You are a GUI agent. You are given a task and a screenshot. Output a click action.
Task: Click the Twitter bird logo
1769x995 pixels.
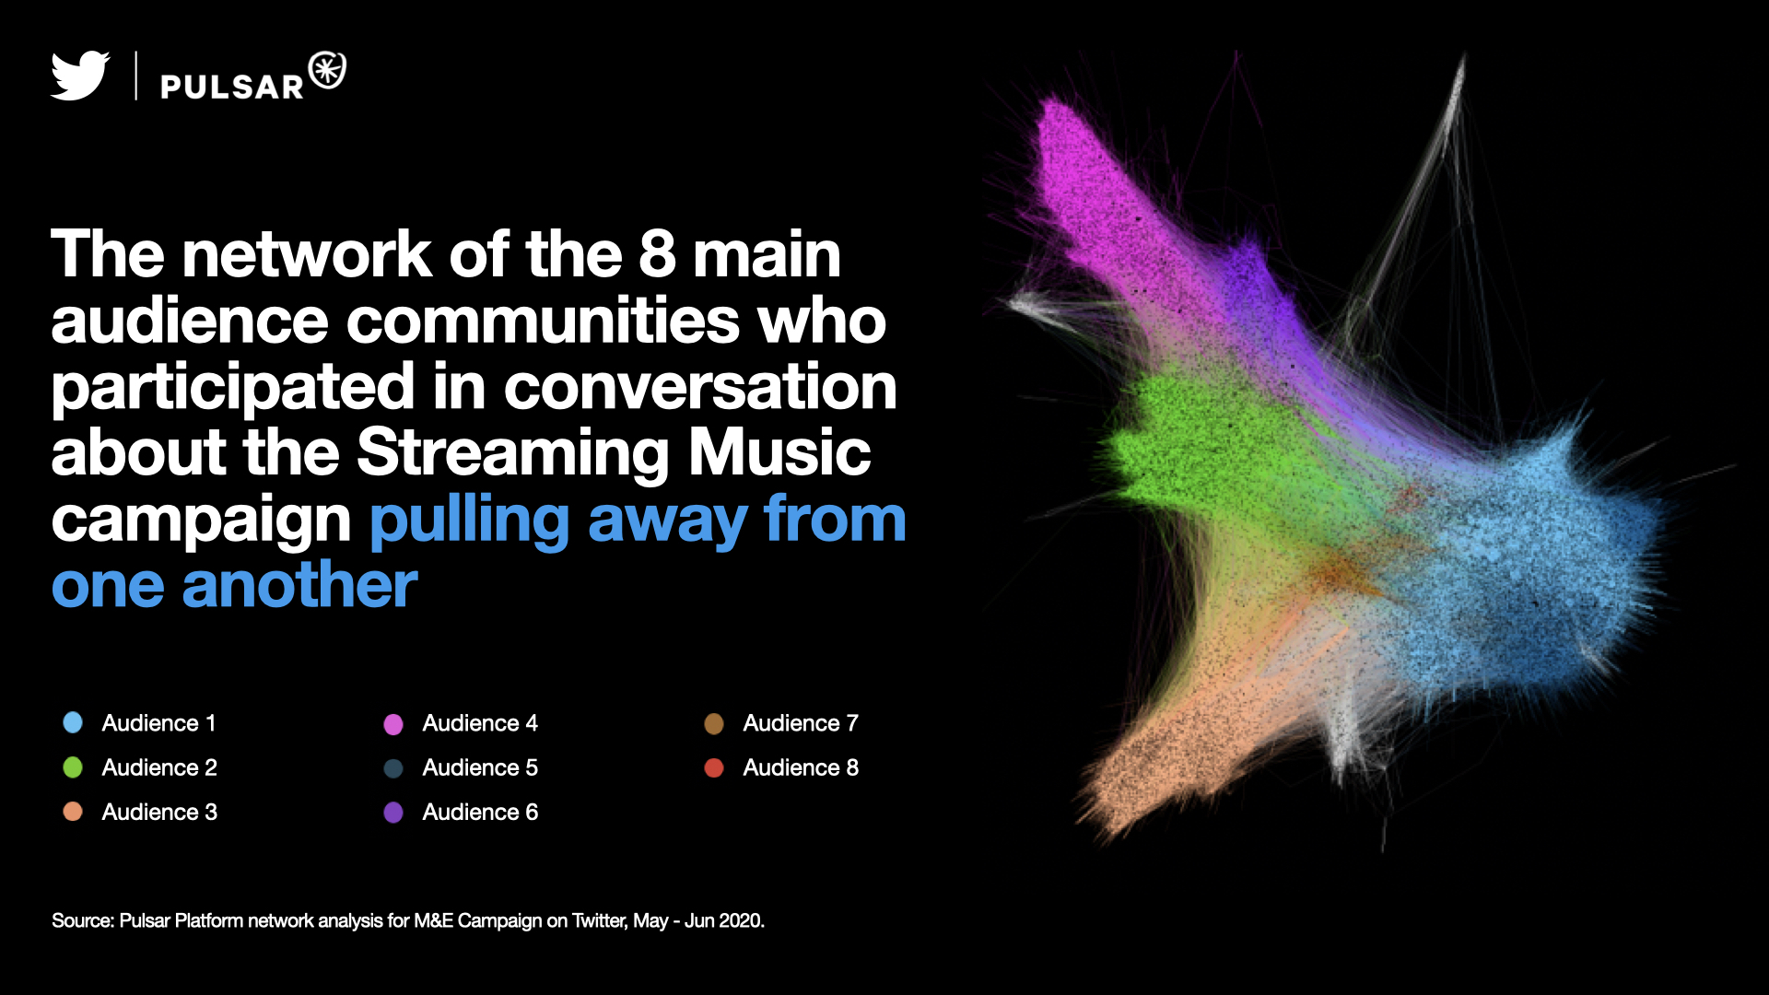pos(80,76)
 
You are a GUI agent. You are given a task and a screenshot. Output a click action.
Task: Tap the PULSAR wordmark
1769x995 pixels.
pos(232,87)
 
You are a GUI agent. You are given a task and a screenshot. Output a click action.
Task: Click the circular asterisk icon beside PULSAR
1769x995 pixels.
pos(327,71)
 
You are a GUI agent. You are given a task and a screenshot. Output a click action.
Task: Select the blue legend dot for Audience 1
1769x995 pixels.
pos(73,722)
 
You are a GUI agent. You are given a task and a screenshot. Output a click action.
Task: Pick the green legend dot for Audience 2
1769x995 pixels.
pos(73,767)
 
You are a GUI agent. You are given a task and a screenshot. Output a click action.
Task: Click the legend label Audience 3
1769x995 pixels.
pos(159,812)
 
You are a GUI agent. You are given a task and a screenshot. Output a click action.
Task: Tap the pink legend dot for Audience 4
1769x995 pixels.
pos(393,724)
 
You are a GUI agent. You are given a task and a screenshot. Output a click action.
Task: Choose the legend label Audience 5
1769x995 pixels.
pos(480,767)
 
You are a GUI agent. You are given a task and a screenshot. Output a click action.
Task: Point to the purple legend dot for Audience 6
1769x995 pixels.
pos(393,813)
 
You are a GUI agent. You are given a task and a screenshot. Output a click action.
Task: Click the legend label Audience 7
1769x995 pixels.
pos(801,723)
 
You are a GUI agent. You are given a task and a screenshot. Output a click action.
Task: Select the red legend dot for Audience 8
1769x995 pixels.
pos(714,767)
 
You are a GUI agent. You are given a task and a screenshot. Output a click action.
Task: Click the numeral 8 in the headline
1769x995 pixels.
pos(657,254)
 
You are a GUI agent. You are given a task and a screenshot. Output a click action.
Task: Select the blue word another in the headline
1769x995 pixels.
pos(300,587)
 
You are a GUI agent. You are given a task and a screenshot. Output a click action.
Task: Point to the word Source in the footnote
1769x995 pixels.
pos(82,920)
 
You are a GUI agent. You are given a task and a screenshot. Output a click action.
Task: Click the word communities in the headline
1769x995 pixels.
pos(544,322)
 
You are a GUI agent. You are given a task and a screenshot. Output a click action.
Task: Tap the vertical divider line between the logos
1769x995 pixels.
pos(136,76)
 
